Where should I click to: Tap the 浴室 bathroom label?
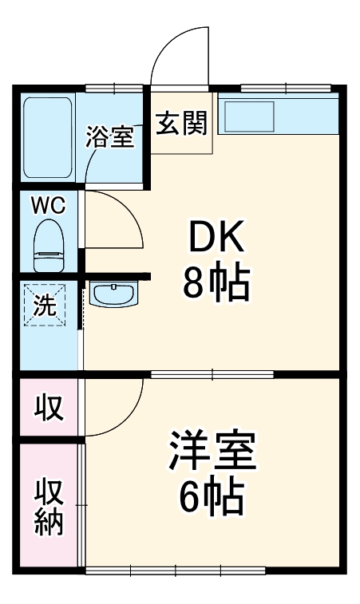tap(109, 136)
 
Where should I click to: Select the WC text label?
tap(48, 205)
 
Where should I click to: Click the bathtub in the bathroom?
tap(48, 136)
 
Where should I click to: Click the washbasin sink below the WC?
tap(113, 294)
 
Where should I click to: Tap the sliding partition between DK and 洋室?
tap(212, 373)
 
